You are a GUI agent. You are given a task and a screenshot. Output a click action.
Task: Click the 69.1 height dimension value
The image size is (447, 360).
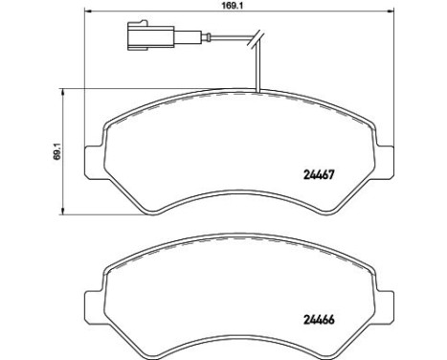point(57,151)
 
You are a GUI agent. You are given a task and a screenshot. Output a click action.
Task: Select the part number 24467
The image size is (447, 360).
point(318,174)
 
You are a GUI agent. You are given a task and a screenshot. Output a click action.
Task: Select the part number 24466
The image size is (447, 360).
point(318,320)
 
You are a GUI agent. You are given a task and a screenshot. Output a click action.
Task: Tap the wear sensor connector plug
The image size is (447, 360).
point(150,35)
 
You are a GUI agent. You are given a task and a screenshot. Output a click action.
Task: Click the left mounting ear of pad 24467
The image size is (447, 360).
point(95,162)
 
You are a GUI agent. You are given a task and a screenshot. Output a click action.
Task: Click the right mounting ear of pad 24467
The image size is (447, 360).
point(384,162)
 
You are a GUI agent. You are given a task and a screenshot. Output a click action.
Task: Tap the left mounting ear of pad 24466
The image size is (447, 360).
point(95,306)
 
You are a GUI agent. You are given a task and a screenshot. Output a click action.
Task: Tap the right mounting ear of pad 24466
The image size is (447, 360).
point(384,306)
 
